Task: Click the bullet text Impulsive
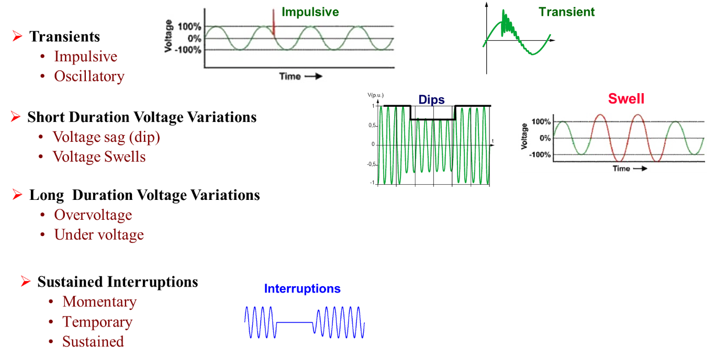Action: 85,57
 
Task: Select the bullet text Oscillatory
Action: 89,76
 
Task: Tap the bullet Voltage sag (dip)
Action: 106,137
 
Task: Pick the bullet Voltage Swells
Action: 99,157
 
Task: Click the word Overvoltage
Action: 93,215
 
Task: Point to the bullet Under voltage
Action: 99,235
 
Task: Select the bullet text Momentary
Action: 99,302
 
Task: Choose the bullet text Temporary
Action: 97,322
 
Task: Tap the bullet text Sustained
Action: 93,342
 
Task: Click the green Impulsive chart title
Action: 310,12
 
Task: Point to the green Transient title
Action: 566,12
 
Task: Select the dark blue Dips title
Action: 431,99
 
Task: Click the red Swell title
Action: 626,99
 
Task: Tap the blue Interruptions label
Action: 303,289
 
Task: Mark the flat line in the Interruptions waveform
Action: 294,323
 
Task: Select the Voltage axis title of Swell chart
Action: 524,137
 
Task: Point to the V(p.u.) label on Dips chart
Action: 376,95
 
